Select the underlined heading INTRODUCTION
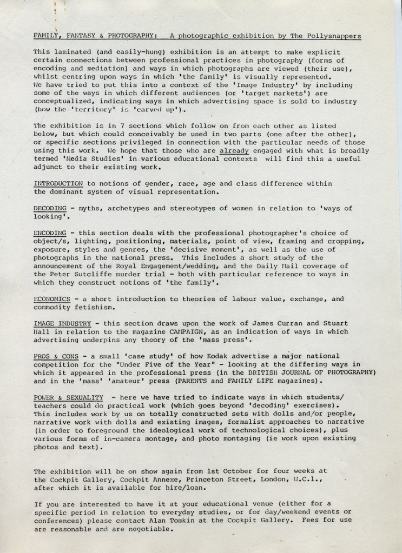(x=58, y=183)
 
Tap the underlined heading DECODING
(x=50, y=208)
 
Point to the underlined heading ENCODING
(x=50, y=233)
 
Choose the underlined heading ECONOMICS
(x=52, y=298)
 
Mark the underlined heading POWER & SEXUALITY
(x=68, y=397)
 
